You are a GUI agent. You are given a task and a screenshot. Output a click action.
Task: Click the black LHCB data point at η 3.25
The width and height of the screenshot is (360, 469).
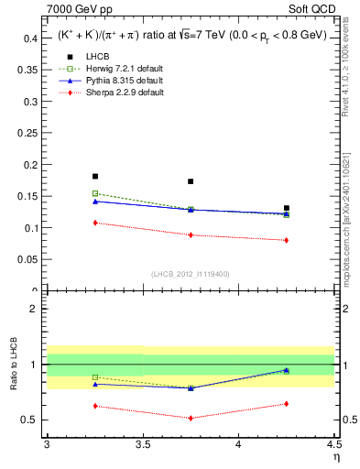[x=95, y=176]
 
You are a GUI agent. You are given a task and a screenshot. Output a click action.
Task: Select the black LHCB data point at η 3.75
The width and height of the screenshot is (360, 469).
[x=191, y=181]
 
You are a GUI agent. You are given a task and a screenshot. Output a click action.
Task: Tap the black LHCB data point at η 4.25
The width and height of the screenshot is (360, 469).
[x=287, y=208]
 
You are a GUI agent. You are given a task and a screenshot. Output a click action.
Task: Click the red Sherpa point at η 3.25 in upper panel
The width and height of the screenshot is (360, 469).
[x=95, y=223]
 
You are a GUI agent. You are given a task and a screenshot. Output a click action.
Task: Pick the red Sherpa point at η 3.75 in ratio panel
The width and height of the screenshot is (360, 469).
[x=191, y=418]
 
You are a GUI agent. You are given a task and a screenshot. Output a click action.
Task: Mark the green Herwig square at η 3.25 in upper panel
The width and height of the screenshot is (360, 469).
[x=95, y=193]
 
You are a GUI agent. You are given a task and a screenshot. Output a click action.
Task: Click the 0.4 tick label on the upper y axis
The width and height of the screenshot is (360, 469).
[x=31, y=38]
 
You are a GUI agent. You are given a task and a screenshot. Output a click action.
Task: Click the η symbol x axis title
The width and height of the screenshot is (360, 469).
[x=335, y=457]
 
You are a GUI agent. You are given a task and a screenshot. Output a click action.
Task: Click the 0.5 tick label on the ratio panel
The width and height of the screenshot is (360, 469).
[x=31, y=420]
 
